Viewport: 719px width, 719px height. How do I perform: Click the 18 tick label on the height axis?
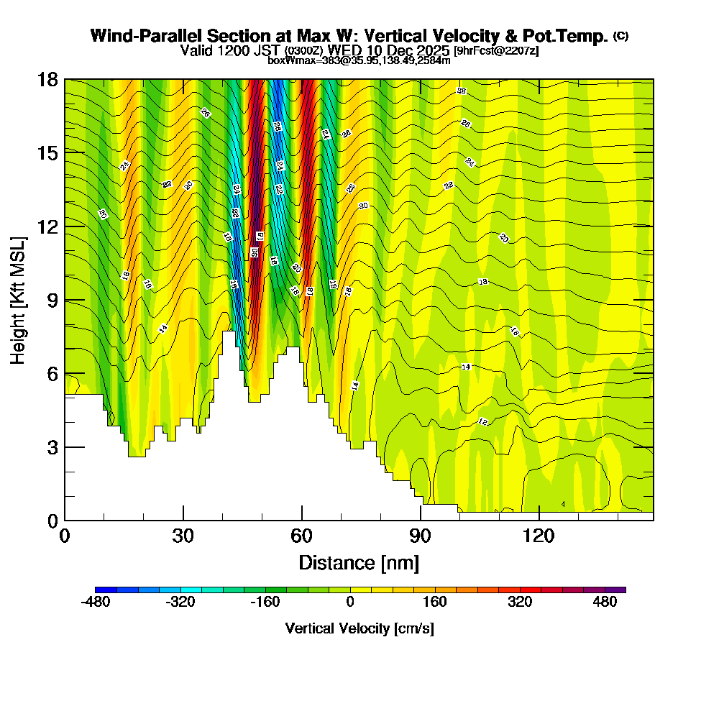point(47,79)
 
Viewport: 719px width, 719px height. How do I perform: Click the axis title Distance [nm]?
point(359,562)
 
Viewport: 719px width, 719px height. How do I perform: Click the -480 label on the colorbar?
point(96,603)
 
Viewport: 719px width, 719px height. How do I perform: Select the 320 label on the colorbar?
point(520,603)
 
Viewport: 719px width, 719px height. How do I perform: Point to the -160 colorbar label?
point(265,603)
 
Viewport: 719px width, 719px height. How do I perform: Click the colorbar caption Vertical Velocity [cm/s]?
point(359,628)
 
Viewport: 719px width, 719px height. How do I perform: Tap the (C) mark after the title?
point(620,36)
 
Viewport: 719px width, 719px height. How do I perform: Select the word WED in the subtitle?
point(344,50)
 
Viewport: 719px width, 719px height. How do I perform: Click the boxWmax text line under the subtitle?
point(359,60)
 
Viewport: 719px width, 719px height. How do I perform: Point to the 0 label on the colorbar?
point(350,603)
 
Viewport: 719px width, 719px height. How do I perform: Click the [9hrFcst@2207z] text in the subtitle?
point(496,51)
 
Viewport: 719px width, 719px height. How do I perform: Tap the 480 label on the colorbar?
point(605,603)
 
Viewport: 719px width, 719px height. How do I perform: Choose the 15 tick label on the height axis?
point(47,152)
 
